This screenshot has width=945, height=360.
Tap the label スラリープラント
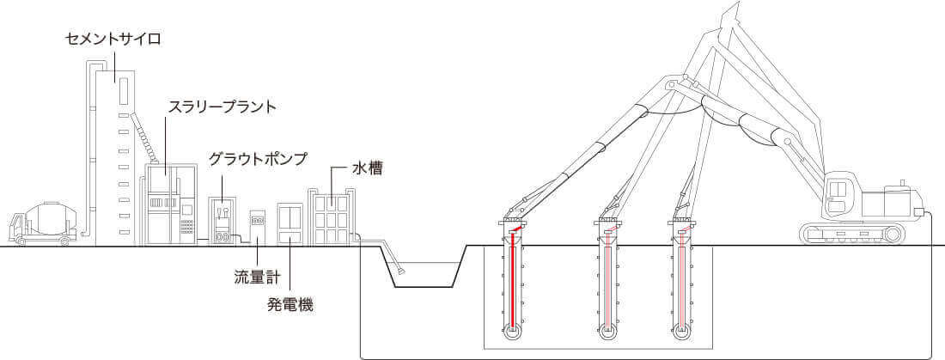[222, 107]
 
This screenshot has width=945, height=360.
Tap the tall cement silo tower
[111, 155]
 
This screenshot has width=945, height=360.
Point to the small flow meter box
[257, 227]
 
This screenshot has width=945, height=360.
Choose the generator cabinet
[290, 224]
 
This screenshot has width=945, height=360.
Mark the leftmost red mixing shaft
[513, 284]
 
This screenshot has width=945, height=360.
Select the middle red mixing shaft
[608, 284]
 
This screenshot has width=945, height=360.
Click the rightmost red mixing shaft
[682, 284]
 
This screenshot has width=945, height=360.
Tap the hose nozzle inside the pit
[400, 272]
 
